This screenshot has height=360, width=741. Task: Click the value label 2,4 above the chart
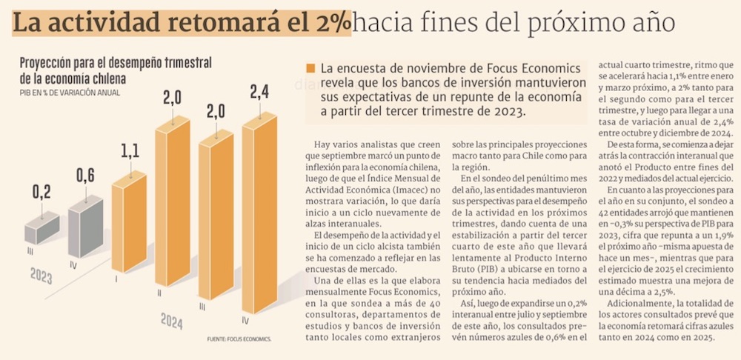point(260,93)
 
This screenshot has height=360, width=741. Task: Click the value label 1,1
point(129,153)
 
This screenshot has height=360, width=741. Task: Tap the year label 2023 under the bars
point(41,276)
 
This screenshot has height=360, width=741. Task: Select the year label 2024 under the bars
point(171,320)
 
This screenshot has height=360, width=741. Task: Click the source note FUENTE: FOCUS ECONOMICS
point(239,339)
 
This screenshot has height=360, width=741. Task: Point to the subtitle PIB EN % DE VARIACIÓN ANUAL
point(70,93)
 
